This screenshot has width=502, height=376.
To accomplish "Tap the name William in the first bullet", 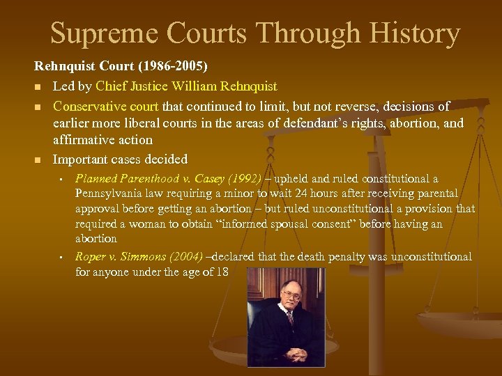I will point(193,87).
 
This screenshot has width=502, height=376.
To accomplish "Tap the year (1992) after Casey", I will point(247,180).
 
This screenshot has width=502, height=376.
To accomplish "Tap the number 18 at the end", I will point(222,272).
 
